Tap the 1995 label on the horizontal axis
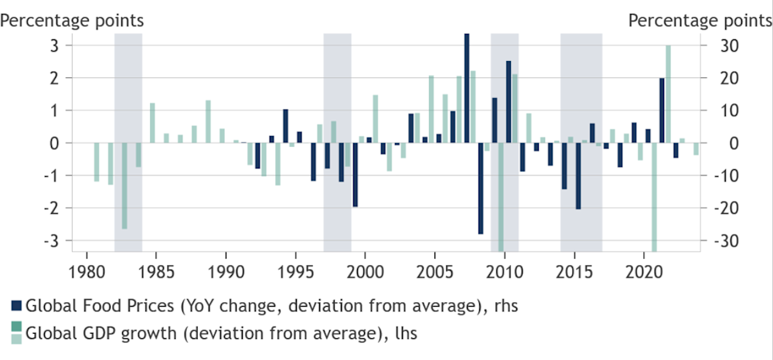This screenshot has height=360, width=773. (295, 273)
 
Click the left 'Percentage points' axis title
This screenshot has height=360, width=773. (71, 19)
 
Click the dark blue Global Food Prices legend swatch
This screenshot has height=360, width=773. (16, 306)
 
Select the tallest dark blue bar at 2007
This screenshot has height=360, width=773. (467, 88)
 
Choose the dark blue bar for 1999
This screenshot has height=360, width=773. (355, 175)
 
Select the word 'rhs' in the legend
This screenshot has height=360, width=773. (502, 306)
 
